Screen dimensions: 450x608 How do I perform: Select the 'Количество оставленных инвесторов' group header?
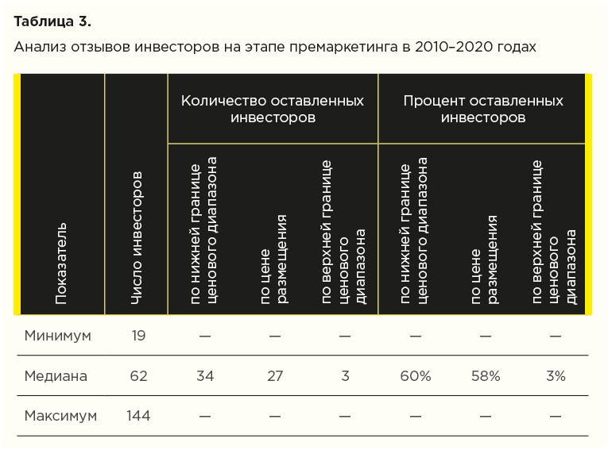click(x=273, y=109)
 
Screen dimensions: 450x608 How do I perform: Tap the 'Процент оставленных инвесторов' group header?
click(x=482, y=109)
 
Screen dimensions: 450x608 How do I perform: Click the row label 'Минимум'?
click(x=57, y=335)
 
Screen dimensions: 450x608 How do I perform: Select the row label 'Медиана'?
click(x=56, y=376)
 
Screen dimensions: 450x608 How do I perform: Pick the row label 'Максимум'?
click(x=60, y=415)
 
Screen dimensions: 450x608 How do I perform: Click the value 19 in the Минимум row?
click(x=138, y=335)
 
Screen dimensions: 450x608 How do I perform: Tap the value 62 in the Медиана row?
click(x=138, y=376)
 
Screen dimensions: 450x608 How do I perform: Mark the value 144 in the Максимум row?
click(x=137, y=415)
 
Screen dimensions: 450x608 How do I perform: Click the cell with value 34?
click(x=205, y=376)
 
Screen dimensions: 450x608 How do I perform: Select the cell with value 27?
click(x=275, y=376)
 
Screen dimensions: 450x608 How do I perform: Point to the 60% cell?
click(x=415, y=376)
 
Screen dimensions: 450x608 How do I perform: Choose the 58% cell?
click(x=485, y=376)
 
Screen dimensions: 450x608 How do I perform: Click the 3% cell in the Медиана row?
click(x=555, y=376)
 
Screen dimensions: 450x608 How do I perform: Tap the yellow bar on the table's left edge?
click(x=17, y=194)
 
